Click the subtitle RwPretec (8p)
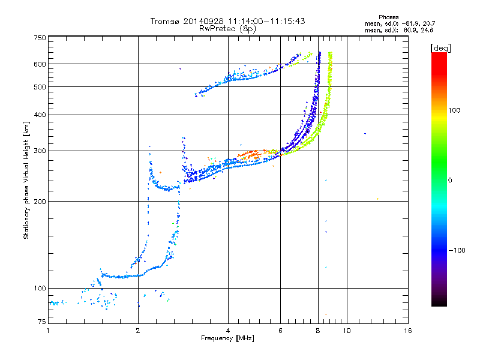tap(227, 29)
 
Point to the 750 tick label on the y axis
tap(40, 38)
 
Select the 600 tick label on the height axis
tap(40, 64)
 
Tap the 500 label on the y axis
tap(40, 87)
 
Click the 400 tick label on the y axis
tap(40, 115)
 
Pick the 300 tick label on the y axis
tap(40, 151)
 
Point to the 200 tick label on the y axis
tap(40, 202)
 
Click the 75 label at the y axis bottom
tap(42, 322)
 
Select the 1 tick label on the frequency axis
tap(48, 331)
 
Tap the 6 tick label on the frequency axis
tap(280, 331)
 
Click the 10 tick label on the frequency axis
tap(347, 331)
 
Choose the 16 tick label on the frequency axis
tap(408, 331)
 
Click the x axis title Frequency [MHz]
tap(227, 338)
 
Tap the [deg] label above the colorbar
tap(440, 48)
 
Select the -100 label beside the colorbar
tap(457, 250)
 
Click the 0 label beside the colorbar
tap(450, 181)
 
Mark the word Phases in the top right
tap(388, 17)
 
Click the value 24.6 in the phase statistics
tap(427, 30)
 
